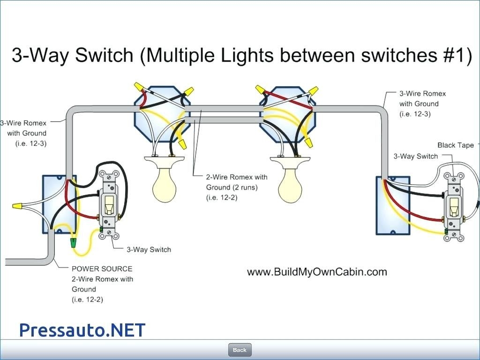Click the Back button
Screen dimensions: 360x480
click(x=240, y=350)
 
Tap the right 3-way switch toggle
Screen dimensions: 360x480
click(x=454, y=207)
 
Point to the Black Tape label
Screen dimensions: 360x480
click(x=456, y=145)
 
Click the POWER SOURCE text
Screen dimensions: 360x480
click(x=102, y=269)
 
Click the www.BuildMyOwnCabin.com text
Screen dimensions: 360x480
click(x=317, y=272)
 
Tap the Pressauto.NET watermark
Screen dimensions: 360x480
click(x=82, y=330)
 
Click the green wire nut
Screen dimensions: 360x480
click(x=73, y=242)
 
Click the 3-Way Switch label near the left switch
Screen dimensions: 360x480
click(x=149, y=249)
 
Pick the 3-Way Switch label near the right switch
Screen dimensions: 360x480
click(x=415, y=156)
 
